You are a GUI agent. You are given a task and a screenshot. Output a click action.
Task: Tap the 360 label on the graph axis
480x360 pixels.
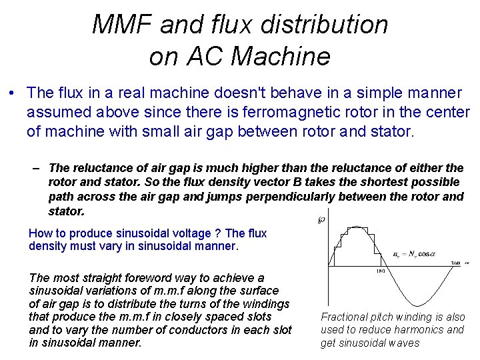pos(454,264)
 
